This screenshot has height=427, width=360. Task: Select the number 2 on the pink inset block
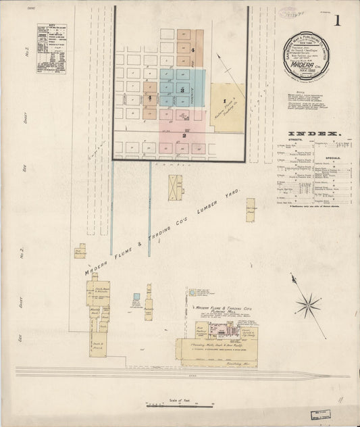[183, 135]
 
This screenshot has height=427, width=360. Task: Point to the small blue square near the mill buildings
[136, 296]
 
